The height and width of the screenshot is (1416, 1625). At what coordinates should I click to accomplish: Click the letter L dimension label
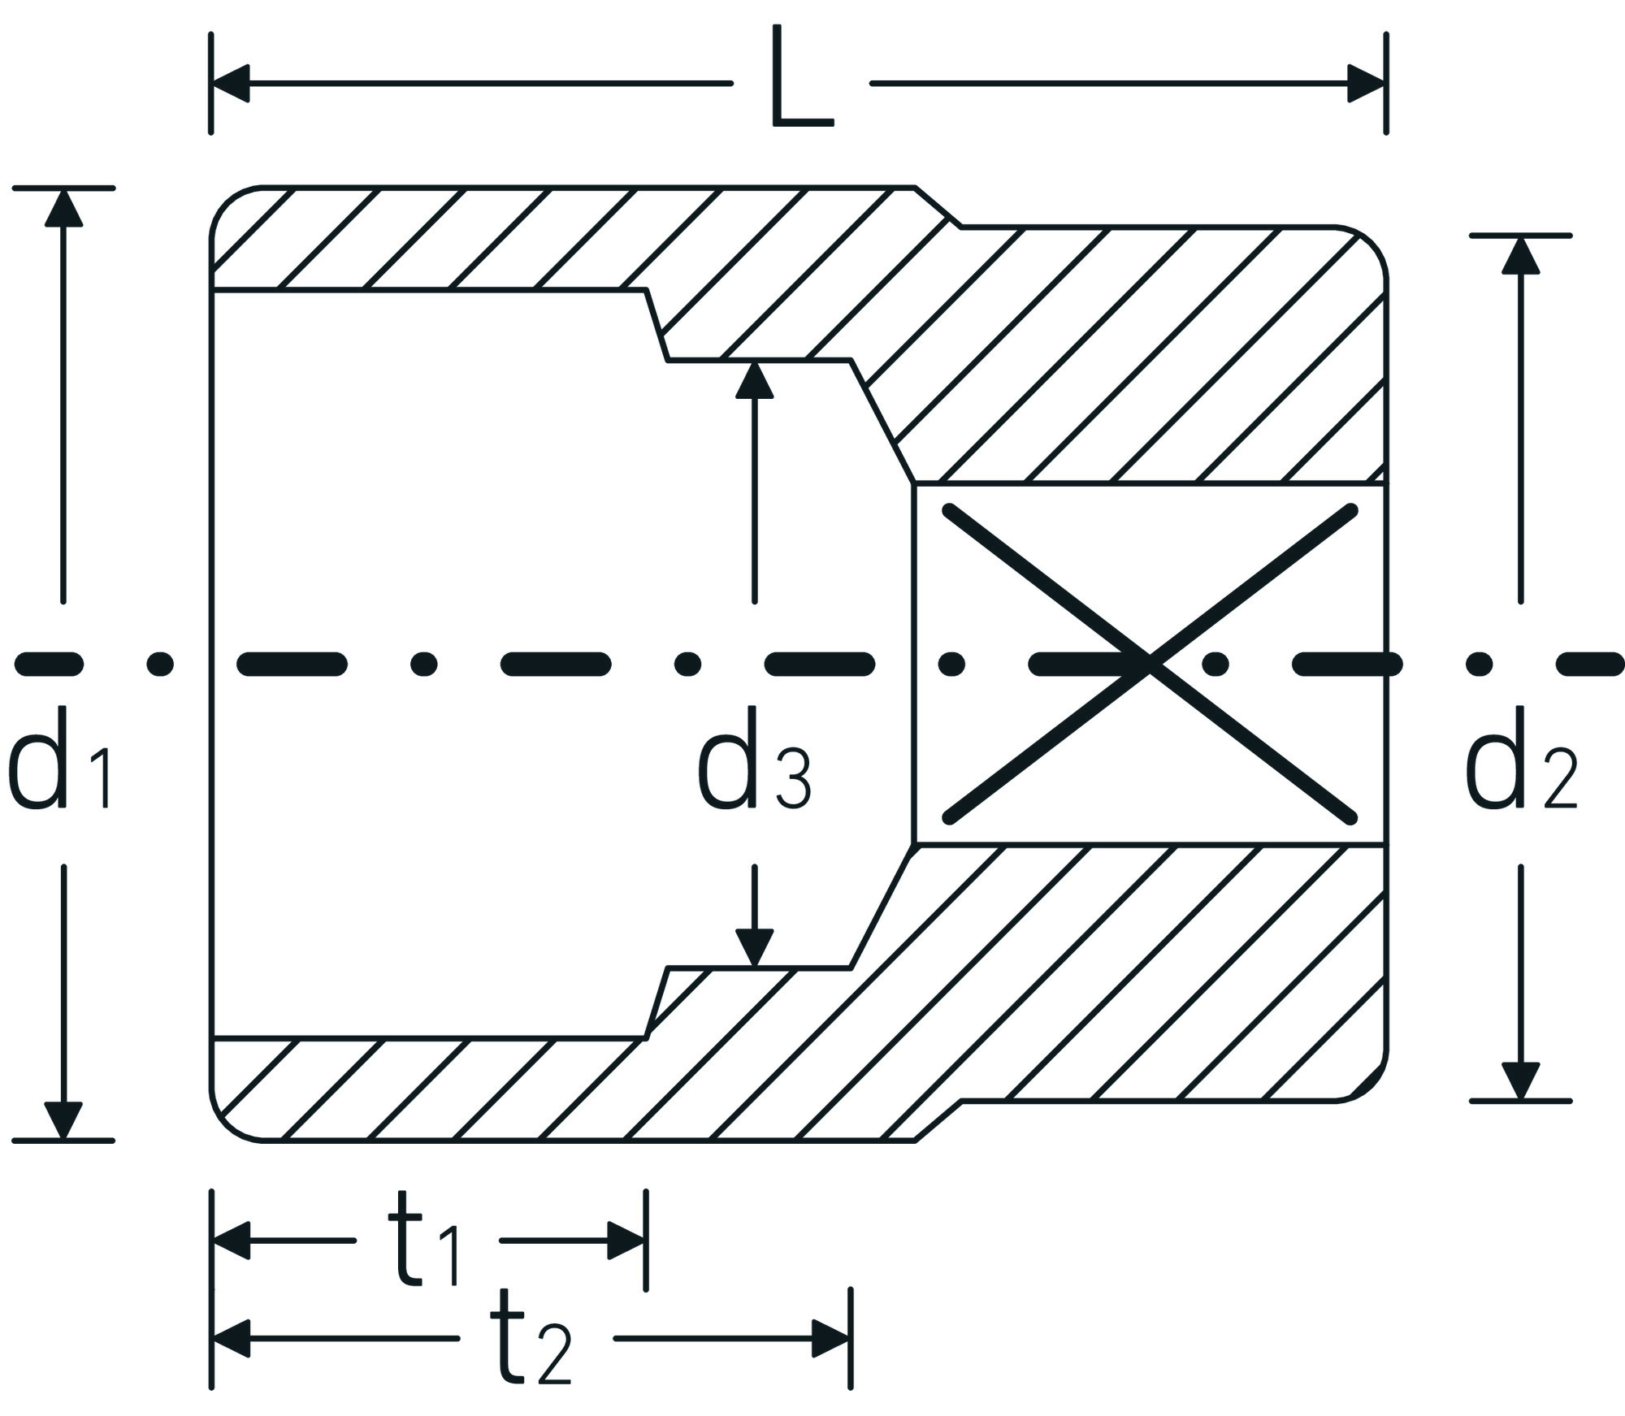[801, 78]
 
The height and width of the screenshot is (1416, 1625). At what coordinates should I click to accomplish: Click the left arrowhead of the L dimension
[231, 84]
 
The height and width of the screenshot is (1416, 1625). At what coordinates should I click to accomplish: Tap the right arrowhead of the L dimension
[1365, 84]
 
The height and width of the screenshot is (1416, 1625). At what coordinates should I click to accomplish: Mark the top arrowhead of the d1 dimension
[63, 206]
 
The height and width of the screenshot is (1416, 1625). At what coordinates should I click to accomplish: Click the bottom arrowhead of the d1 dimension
[63, 1121]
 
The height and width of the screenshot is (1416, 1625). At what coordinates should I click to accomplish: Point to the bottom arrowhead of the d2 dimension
[1520, 1081]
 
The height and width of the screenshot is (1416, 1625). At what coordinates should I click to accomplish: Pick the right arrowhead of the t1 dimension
[627, 1241]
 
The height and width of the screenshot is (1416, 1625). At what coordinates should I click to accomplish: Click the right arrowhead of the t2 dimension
[831, 1339]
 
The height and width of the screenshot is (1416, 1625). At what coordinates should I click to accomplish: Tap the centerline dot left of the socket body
[160, 664]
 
